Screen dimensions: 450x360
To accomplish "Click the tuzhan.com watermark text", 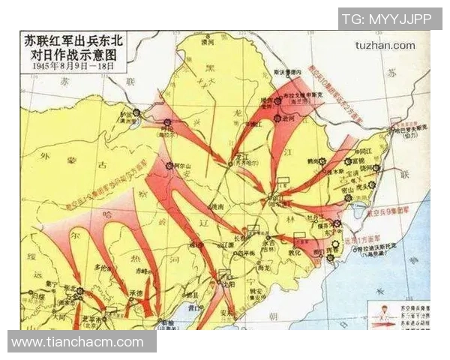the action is point(385,45).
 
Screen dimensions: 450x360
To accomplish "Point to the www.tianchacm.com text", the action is point(77,342).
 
